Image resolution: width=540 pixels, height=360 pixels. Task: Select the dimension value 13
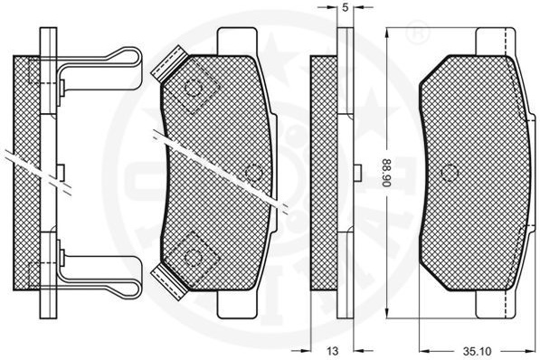click(x=333, y=351)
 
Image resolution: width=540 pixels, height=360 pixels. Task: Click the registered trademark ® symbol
click(x=418, y=33)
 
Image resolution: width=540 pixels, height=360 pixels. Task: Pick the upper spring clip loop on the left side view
click(x=99, y=69)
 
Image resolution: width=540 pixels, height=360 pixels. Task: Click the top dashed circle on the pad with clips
click(x=194, y=89)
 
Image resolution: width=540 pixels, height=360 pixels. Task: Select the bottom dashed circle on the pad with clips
click(x=193, y=256)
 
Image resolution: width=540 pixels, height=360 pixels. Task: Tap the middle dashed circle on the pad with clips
click(x=254, y=173)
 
